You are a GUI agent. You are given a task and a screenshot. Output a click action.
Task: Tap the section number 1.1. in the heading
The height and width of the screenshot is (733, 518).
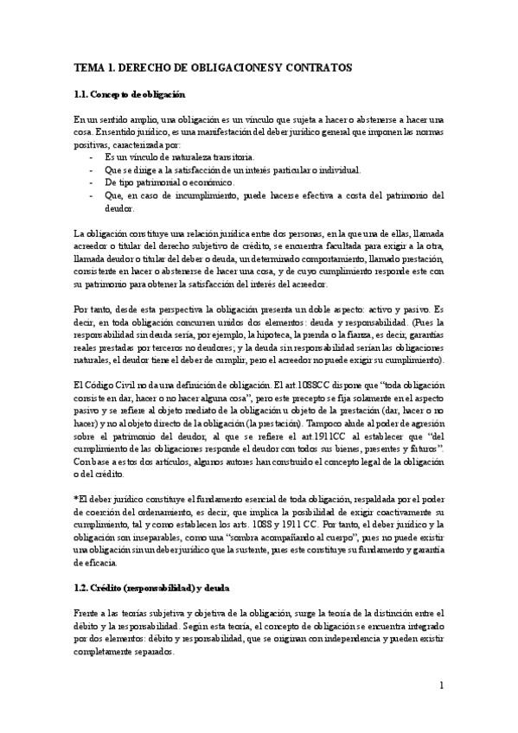tap(84, 93)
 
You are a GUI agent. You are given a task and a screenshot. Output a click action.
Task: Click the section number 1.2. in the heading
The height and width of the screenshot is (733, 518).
tap(84, 564)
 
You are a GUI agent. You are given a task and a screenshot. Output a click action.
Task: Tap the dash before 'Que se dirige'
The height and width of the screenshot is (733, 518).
tap(93, 170)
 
